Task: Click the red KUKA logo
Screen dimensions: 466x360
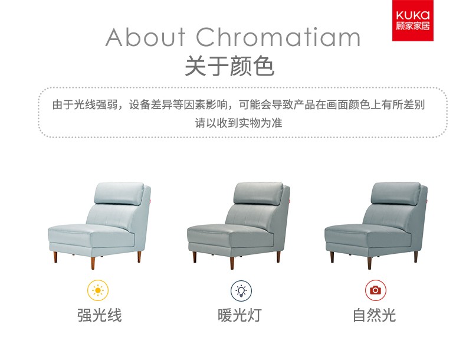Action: click(412, 20)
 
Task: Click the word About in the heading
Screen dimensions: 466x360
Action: click(146, 37)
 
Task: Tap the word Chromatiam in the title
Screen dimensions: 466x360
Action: click(278, 37)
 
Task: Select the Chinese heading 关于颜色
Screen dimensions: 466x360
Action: click(229, 66)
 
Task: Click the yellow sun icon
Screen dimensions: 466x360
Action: click(98, 290)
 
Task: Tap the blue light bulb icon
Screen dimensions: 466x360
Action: click(241, 290)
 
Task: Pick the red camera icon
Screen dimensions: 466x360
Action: click(375, 290)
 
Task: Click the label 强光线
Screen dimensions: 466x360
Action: click(100, 315)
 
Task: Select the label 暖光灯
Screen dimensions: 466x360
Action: click(239, 315)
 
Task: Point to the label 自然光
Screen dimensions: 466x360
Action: click(374, 315)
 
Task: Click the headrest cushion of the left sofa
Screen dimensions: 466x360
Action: click(119, 193)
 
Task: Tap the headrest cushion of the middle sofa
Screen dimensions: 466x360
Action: click(258, 193)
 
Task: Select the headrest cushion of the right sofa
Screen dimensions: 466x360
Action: click(396, 193)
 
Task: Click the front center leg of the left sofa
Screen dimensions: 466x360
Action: click(93, 262)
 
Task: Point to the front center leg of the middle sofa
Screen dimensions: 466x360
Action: click(232, 262)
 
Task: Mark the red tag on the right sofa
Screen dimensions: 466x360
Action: click(426, 201)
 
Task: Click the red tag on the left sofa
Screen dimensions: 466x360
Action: click(150, 201)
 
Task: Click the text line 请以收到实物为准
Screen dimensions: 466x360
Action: click(238, 123)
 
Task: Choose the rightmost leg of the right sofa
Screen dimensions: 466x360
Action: click(416, 257)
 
